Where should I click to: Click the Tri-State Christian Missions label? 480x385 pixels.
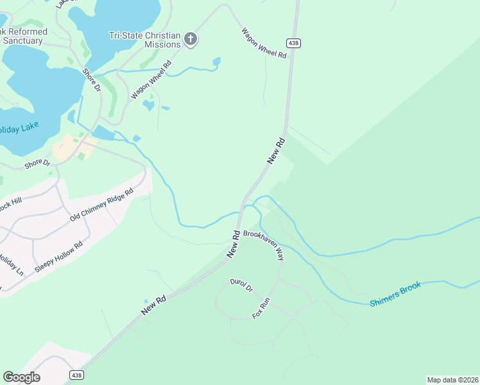point(145,40)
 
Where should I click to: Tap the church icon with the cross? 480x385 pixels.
point(191,40)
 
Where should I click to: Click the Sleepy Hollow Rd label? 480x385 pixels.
point(59,257)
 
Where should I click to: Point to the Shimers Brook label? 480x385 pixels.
point(395,294)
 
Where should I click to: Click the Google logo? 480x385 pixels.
point(21,377)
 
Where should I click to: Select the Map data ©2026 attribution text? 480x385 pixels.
point(452,379)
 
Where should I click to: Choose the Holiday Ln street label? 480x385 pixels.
point(11,265)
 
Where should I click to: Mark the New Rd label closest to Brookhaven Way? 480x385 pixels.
point(234,244)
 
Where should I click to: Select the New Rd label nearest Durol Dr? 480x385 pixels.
point(154,304)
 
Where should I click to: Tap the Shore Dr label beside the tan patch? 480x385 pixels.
point(37,164)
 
